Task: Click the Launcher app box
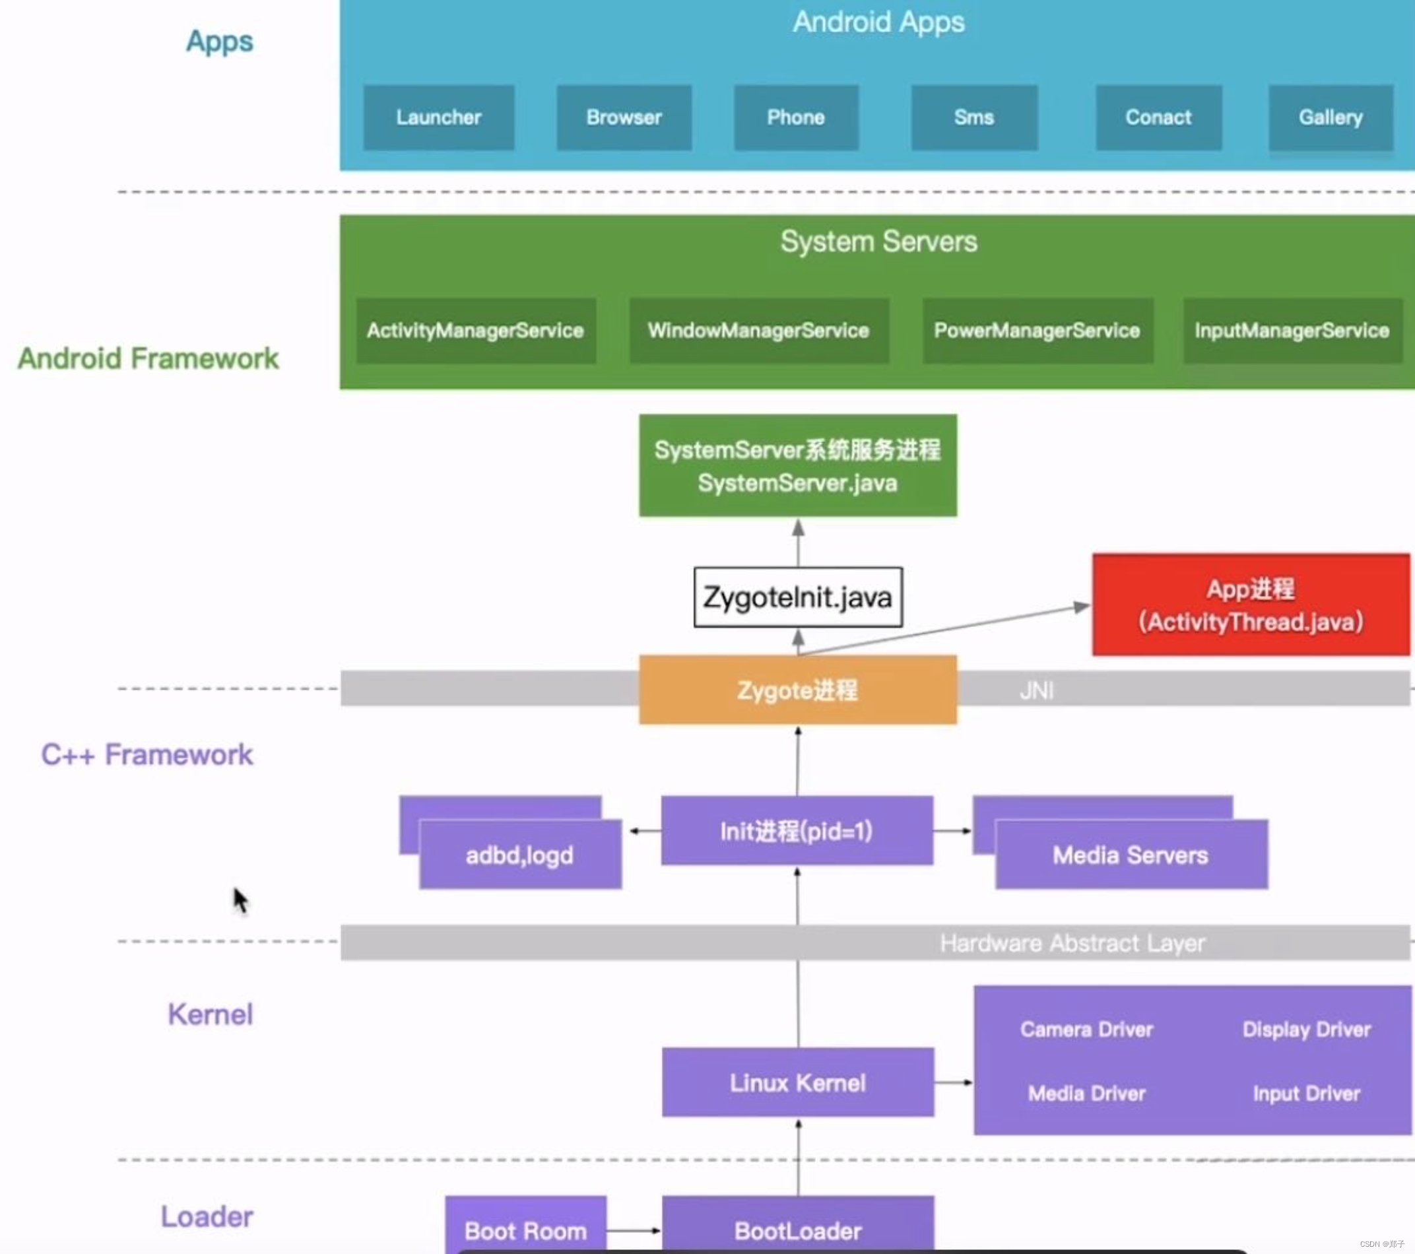438,117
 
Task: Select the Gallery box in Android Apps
1330,117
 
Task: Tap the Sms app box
973,117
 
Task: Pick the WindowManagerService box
758,330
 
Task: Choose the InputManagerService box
1292,330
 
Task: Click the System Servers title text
878,242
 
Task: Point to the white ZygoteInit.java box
797,597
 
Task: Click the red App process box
1250,605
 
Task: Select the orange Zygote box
797,690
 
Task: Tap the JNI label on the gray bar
1036,690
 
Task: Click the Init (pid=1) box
796,830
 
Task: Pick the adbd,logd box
520,855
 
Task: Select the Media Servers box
1131,855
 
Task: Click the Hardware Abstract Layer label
1072,942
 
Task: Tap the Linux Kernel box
797,1082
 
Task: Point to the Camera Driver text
1086,1029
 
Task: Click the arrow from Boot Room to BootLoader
633,1230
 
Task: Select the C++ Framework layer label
147,754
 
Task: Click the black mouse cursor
239,900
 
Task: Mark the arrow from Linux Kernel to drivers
952,1082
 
